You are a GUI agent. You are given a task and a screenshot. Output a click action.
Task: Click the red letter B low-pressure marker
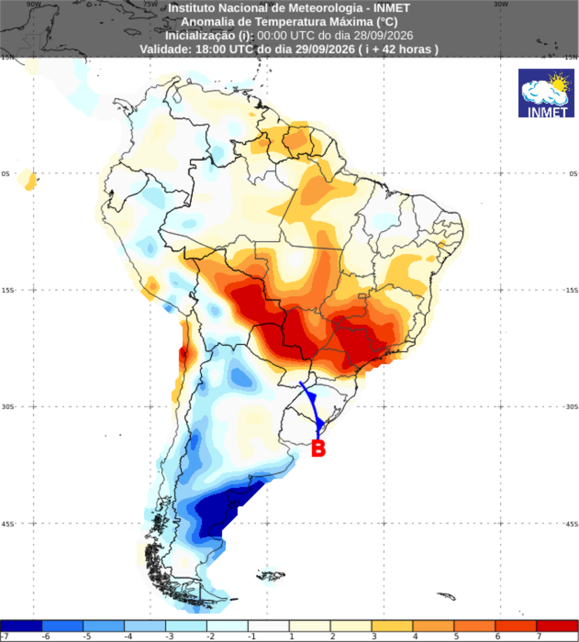tap(318, 448)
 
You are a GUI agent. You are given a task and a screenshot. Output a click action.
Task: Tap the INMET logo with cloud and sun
tap(546, 93)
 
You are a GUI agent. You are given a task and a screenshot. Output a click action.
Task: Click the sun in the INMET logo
tap(559, 83)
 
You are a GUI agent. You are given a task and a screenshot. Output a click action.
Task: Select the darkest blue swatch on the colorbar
tap(21, 626)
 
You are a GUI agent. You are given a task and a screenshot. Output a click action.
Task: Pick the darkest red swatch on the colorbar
tap(557, 626)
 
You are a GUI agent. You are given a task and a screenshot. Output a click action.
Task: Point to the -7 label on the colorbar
tap(4, 636)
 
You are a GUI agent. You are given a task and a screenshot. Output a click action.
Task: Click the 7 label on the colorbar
tap(539, 636)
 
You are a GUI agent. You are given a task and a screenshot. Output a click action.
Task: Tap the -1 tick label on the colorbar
tap(251, 636)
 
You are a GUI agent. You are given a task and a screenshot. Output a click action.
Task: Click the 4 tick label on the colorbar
tap(415, 636)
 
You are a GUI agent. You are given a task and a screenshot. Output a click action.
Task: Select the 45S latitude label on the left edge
tap(8, 524)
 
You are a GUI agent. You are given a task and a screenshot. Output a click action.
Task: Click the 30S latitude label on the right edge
tap(572, 407)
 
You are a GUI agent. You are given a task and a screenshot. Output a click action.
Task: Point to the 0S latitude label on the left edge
tap(6, 174)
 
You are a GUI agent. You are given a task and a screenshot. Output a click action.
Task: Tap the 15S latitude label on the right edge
tap(572, 290)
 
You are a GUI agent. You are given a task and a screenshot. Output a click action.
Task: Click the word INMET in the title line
tap(392, 8)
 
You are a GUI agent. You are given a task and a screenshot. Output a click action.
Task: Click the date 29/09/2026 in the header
tap(325, 49)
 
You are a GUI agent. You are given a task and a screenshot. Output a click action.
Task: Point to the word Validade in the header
tap(166, 49)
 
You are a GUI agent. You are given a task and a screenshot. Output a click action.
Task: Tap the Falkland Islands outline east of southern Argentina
tap(271, 576)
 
